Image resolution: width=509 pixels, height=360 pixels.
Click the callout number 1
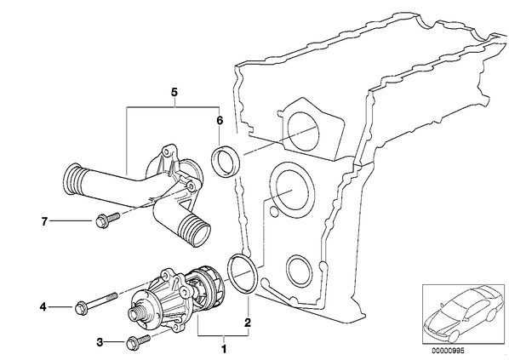point(223,349)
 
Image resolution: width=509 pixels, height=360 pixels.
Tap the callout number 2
point(248,323)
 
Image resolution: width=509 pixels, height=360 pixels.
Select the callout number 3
point(100,342)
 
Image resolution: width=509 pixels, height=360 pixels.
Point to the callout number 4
point(43,306)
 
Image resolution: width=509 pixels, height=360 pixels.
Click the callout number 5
point(174,92)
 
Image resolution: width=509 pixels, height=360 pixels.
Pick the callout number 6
point(220,121)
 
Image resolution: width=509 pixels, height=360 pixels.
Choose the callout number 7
point(44,222)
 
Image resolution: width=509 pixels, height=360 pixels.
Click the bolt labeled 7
point(107,220)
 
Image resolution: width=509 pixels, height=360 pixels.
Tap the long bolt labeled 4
point(96,301)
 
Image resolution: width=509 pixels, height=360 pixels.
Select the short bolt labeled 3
point(139,342)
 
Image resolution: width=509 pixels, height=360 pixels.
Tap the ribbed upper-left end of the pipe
point(71,180)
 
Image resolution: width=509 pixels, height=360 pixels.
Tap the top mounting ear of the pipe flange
point(168,150)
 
